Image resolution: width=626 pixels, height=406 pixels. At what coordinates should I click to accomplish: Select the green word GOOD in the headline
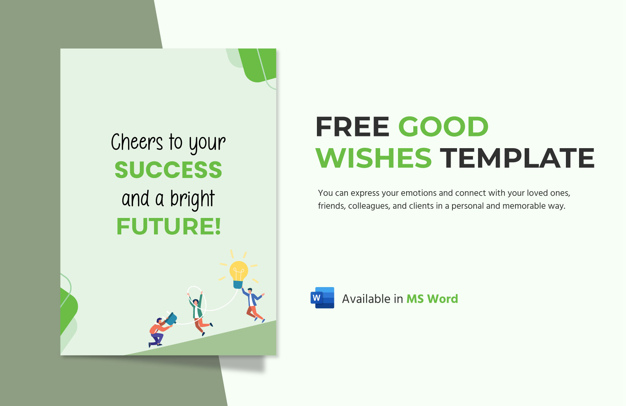443,127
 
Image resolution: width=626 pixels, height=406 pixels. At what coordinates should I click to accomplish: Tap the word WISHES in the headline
373,158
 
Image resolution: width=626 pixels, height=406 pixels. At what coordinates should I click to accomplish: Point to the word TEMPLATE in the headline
517,158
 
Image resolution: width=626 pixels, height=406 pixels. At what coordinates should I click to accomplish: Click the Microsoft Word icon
323,298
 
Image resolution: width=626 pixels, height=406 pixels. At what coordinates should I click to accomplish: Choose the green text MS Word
432,299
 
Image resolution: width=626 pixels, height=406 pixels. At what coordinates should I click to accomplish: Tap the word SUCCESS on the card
168,170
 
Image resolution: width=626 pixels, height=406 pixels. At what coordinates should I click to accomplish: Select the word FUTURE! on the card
169,227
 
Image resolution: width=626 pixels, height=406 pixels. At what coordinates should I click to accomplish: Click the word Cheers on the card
137,142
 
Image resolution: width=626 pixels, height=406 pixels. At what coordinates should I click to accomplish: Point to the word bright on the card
192,199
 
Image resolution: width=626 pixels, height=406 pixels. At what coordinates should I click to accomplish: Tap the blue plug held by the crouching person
171,319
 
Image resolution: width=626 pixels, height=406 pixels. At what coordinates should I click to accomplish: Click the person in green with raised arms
198,312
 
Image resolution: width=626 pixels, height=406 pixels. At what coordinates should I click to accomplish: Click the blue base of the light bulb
238,285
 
